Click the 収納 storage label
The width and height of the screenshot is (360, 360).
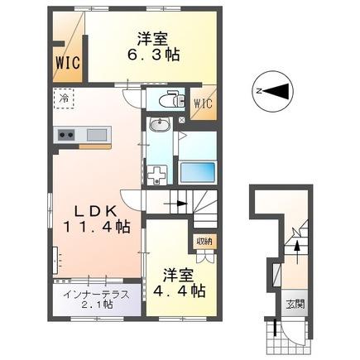[204, 241]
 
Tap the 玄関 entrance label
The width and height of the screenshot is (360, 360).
[296, 304]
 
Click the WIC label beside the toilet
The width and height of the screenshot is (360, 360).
[203, 103]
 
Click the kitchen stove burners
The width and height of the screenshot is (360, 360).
[67, 134]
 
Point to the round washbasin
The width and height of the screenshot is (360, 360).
[160, 126]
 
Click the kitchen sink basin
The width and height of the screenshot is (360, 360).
[97, 134]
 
